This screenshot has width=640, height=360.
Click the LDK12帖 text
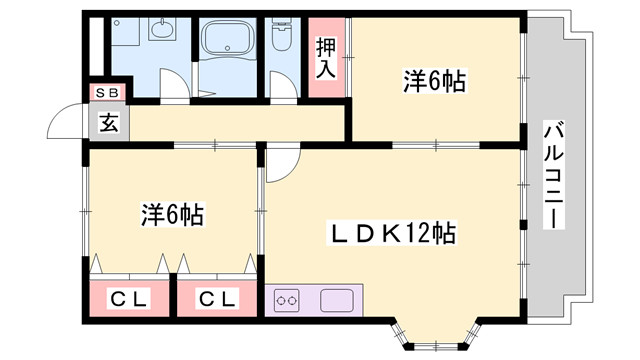[394, 234]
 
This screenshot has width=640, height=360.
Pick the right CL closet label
[216, 298]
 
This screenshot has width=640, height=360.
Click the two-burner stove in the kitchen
[289, 298]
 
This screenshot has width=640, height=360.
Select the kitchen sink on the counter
[335, 298]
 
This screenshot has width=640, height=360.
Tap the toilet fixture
[281, 38]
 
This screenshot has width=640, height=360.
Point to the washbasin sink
[161, 29]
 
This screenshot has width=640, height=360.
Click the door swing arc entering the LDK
[279, 164]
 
